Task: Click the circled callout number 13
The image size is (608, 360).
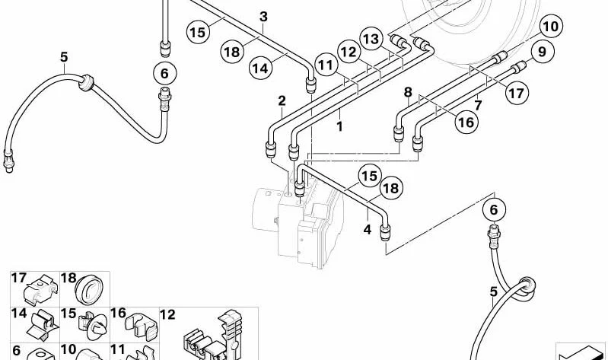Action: pyautogui.click(x=371, y=39)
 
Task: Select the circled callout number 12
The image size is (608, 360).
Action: pyautogui.click(x=349, y=52)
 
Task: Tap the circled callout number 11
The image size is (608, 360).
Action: pyautogui.click(x=326, y=65)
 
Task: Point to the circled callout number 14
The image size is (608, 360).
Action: pyautogui.click(x=260, y=68)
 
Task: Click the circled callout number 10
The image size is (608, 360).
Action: pyautogui.click(x=551, y=27)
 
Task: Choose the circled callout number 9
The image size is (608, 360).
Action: pyautogui.click(x=542, y=52)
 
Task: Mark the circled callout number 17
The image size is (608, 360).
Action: pyautogui.click(x=517, y=93)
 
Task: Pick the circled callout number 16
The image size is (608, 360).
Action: pyautogui.click(x=466, y=123)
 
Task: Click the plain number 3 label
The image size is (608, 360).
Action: pyautogui.click(x=264, y=17)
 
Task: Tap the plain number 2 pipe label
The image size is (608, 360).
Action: pyautogui.click(x=282, y=101)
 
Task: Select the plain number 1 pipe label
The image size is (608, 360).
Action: pyautogui.click(x=339, y=126)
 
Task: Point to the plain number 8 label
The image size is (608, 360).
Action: pyautogui.click(x=408, y=92)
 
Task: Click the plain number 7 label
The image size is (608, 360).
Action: pyautogui.click(x=478, y=105)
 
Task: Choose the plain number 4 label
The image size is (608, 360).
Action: pyautogui.click(x=368, y=230)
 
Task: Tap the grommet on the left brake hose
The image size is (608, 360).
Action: pyautogui.click(x=86, y=82)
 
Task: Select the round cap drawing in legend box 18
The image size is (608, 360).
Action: pyautogui.click(x=89, y=290)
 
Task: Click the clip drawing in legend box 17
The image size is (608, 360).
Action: pyautogui.click(x=40, y=290)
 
